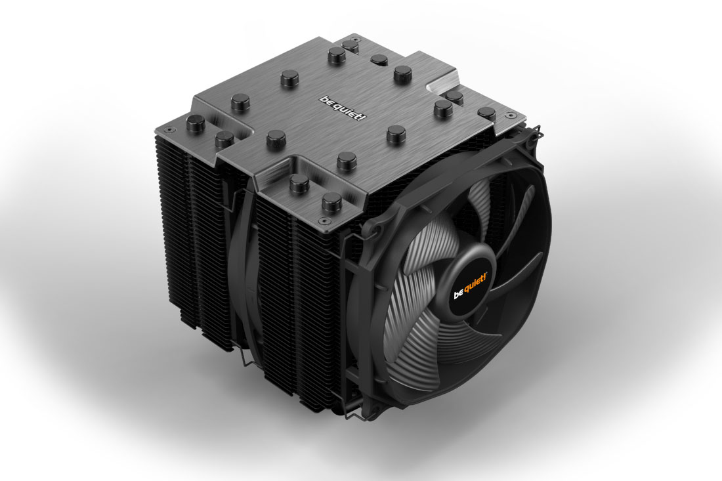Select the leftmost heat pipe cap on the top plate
(196, 123)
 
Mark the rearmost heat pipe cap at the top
(350, 45)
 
